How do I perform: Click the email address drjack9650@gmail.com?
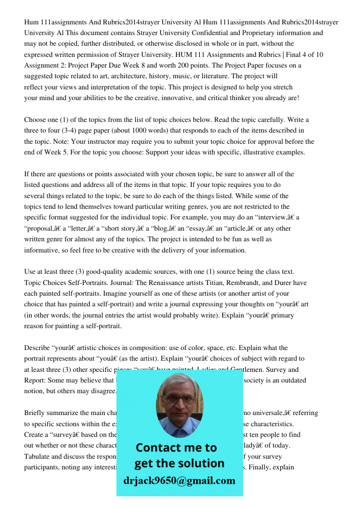[x=179, y=481]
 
